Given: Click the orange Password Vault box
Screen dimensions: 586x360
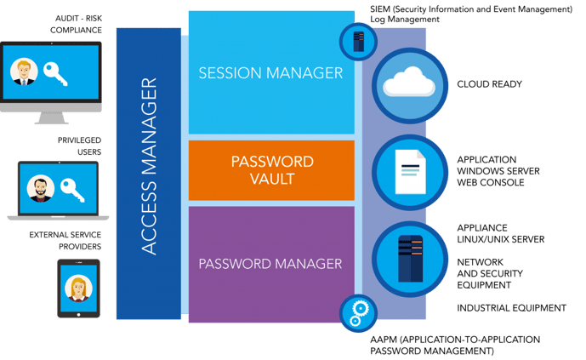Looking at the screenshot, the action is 271,170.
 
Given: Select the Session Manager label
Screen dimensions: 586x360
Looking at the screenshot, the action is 270,73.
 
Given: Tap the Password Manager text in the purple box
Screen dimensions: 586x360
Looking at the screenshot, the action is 270,264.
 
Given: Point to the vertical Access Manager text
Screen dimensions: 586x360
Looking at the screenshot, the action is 149,166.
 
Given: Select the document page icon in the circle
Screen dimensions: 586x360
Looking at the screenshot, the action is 410,172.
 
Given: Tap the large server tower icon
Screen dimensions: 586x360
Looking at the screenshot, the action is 410,259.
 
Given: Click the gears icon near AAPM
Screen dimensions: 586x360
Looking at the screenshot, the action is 358,313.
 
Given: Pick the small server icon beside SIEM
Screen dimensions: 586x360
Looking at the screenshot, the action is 358,41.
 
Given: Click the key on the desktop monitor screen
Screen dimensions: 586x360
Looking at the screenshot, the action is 55,74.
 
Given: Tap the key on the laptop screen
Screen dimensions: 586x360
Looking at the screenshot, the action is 72,191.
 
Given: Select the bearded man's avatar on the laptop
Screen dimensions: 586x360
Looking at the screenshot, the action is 40,188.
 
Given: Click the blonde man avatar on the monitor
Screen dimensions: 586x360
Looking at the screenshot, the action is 24,72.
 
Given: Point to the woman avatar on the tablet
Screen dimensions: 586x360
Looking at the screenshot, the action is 78,289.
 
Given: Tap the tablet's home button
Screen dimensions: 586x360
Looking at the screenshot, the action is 78,315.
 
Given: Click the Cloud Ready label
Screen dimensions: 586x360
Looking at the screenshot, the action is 489,84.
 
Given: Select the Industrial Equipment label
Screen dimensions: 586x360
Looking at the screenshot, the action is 511,308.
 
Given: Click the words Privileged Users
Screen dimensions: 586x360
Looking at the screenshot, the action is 79,146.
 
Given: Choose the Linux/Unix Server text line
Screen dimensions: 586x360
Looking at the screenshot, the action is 500,239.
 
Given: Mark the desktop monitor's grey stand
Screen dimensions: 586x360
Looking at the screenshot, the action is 51,117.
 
